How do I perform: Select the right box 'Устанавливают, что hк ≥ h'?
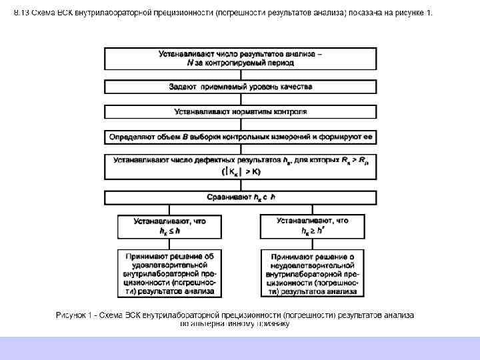click(313, 226)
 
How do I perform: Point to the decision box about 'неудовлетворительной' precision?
click(313, 273)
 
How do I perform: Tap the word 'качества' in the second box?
click(295, 87)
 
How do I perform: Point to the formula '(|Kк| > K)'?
click(241, 171)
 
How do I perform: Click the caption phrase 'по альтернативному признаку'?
click(235, 324)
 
